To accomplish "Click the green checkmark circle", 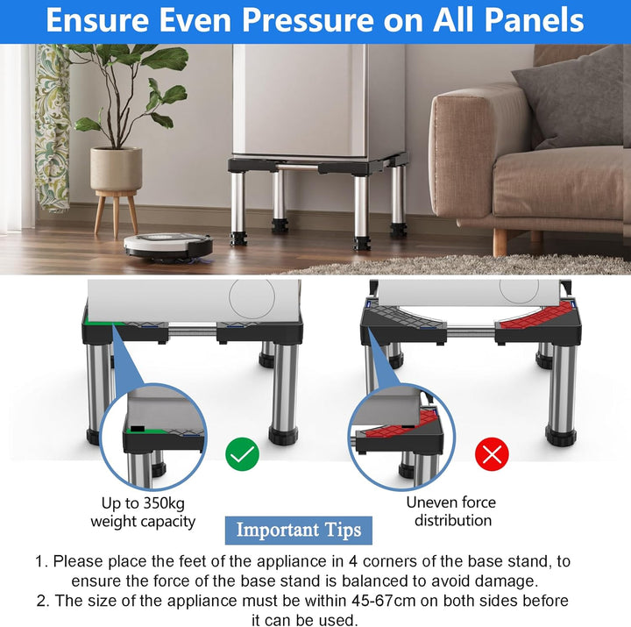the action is coord(242,454).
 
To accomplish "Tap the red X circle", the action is coord(492,454).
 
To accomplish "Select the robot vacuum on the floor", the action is coord(168,246).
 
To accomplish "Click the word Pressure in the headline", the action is coord(308,20).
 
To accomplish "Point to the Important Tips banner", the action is coord(299,530).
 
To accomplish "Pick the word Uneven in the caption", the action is coord(429,502).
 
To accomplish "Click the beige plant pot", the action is coord(116,168).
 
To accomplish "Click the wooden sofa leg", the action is coord(500,241).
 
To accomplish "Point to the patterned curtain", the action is coord(52,128).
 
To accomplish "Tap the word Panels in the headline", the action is coord(534,20).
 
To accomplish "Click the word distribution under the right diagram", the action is coord(453,521).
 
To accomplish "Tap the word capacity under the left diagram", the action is coord(167,522).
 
